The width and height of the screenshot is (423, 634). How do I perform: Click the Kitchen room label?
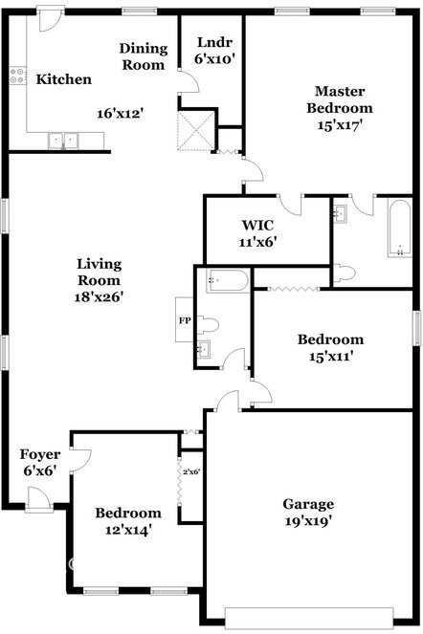click(x=63, y=79)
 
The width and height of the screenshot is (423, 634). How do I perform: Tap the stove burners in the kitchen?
click(x=17, y=76)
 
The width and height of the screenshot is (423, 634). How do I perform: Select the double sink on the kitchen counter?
click(x=63, y=142)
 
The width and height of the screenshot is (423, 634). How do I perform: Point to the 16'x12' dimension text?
click(x=121, y=113)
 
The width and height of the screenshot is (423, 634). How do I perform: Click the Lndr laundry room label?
click(x=214, y=42)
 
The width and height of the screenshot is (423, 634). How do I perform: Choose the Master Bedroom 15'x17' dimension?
click(x=339, y=125)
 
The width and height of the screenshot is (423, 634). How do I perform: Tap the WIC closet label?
click(x=257, y=225)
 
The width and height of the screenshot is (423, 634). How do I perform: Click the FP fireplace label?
click(x=185, y=320)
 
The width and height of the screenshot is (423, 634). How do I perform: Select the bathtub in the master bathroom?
click(x=399, y=228)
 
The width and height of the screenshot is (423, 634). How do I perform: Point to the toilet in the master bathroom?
click(x=344, y=273)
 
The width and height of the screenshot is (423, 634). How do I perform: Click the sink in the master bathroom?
click(x=340, y=213)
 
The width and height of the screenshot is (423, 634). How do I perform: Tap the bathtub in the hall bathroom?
click(x=227, y=280)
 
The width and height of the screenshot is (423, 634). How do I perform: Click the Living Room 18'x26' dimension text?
click(x=99, y=297)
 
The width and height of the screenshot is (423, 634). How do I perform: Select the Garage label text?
click(x=308, y=504)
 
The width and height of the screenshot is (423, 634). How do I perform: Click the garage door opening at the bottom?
click(x=309, y=618)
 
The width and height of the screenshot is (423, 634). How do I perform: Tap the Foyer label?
click(x=40, y=454)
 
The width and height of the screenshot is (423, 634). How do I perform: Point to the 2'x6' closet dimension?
click(x=191, y=471)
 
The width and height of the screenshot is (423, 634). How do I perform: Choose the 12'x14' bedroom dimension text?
click(x=128, y=530)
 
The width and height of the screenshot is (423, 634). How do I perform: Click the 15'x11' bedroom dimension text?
click(x=331, y=357)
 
